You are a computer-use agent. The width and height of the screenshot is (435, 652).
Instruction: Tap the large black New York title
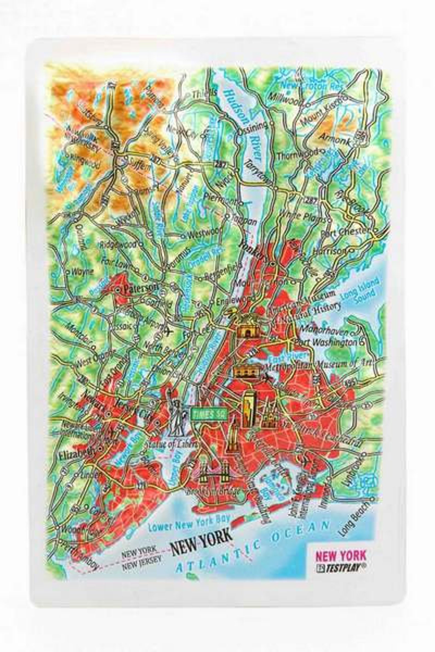[x=202, y=527]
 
